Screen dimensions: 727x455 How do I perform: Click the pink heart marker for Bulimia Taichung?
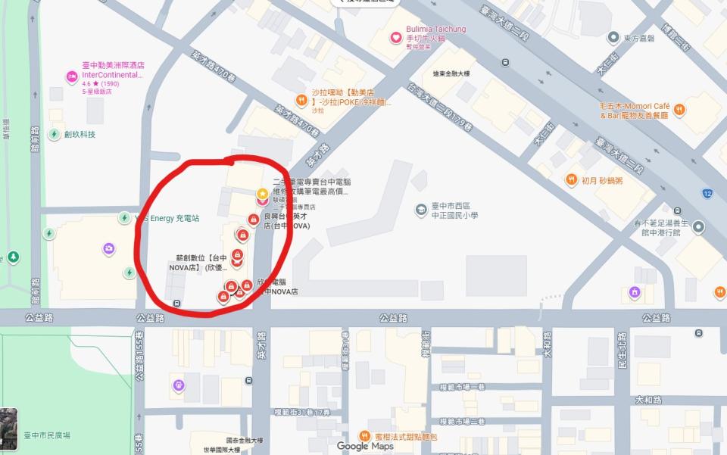coord(395,37)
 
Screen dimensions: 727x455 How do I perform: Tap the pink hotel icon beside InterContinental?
coord(71,75)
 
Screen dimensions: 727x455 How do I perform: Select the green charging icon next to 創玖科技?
coord(55,134)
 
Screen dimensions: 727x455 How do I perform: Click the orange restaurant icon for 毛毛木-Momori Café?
coord(679,109)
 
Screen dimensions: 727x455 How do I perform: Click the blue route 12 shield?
coord(707,193)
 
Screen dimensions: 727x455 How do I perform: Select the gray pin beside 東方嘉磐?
coord(614,36)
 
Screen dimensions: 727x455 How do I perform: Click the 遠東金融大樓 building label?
coord(451,73)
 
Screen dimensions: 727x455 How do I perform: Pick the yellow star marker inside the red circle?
coord(262,195)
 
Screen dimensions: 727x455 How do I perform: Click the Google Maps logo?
coord(365,446)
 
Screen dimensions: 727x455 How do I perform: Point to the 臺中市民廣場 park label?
coord(47,435)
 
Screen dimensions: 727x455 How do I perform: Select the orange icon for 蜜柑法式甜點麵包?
coord(365,436)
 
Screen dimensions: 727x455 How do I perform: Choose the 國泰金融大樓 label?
coord(244,440)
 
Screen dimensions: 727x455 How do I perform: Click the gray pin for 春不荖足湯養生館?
coord(699,227)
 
